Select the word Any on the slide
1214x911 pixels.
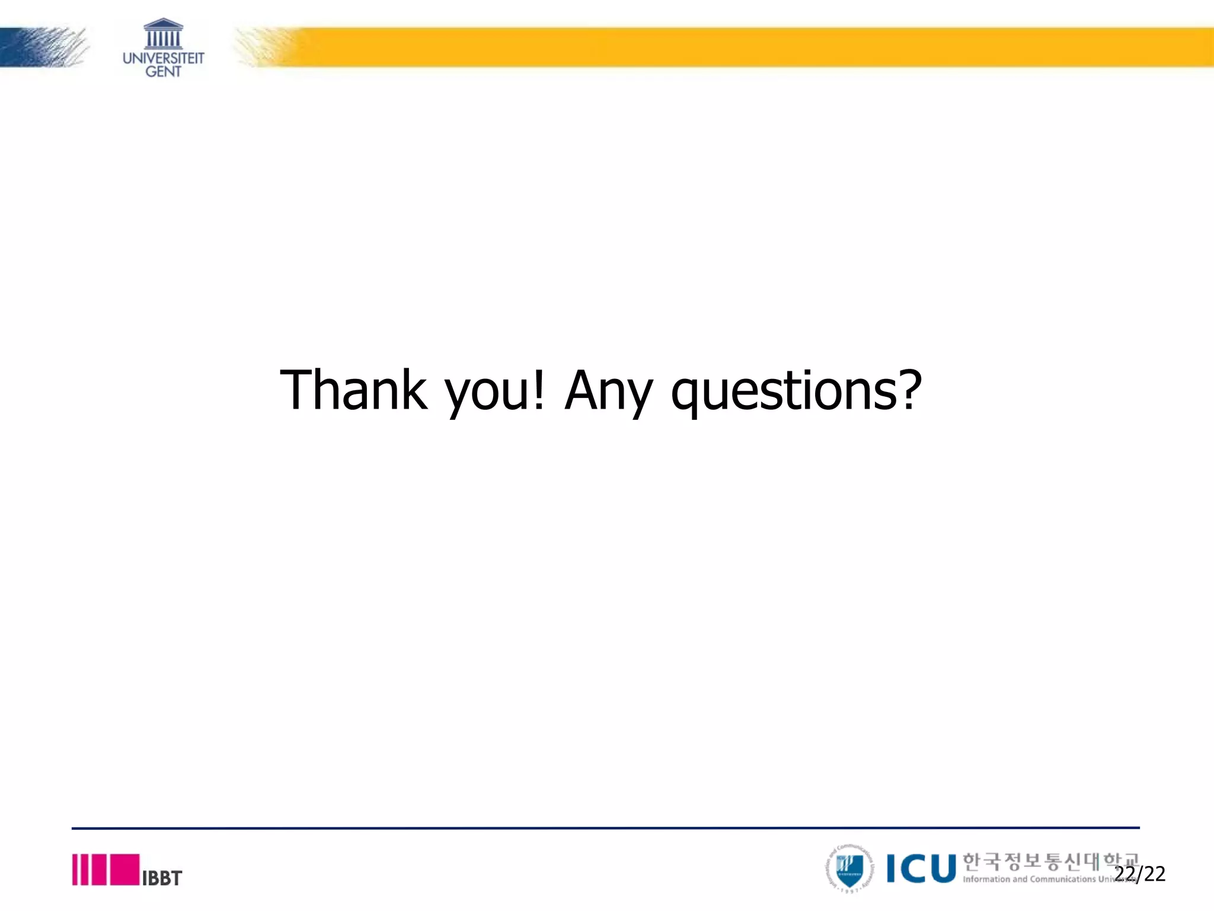click(608, 391)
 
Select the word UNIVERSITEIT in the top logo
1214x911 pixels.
click(163, 58)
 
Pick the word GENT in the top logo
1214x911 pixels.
click(163, 72)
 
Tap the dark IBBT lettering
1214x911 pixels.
click(162, 878)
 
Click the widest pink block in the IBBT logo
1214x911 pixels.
click(125, 869)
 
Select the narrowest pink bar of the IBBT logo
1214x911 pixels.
click(75, 869)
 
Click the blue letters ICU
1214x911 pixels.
click(921, 869)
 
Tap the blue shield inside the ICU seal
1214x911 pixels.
click(849, 868)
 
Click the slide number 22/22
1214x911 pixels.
click(1139, 874)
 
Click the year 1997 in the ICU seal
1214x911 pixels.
click(849, 890)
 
